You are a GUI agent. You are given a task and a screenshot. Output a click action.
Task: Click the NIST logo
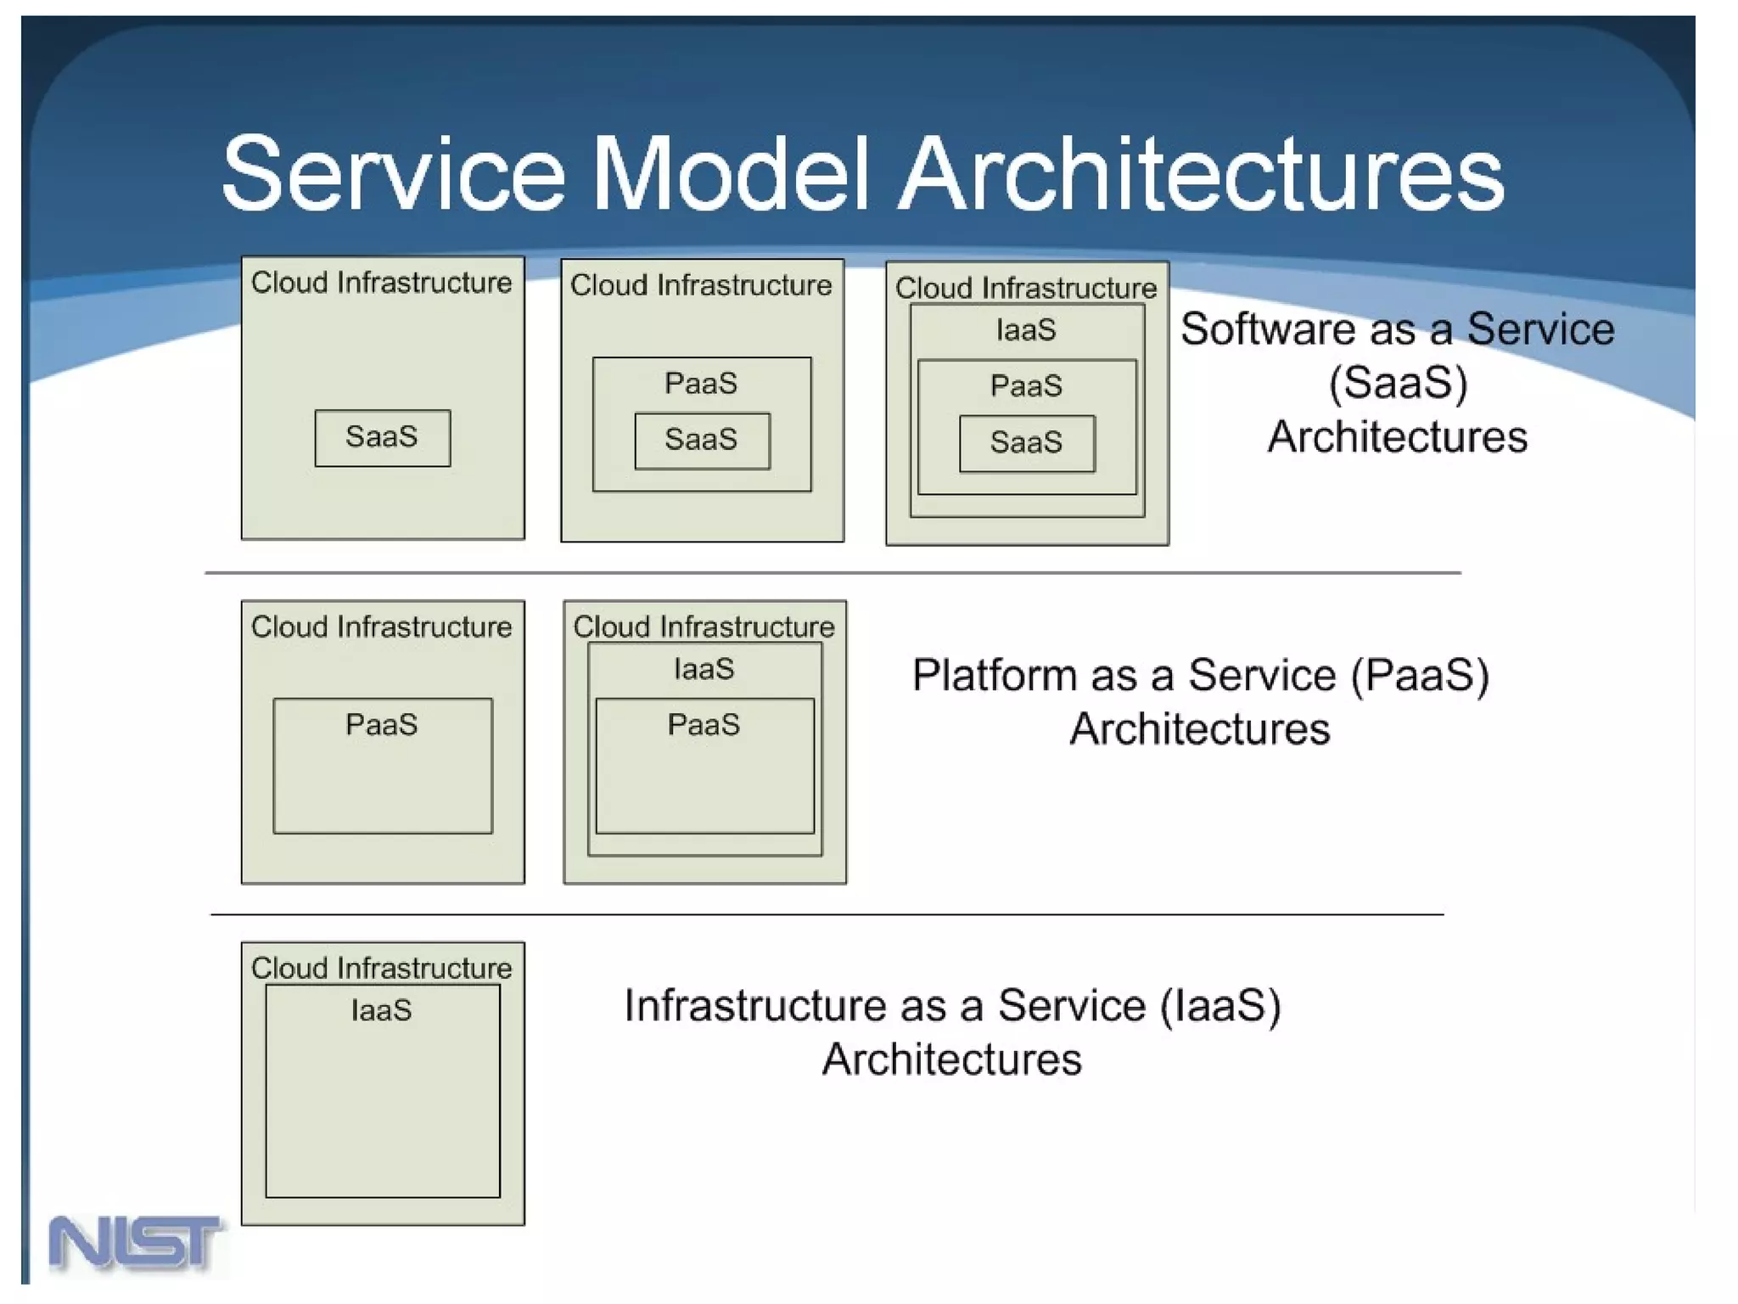(136, 1243)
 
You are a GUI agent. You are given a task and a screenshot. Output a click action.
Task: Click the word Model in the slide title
(731, 174)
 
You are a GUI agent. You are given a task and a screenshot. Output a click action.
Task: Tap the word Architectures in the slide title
(1201, 174)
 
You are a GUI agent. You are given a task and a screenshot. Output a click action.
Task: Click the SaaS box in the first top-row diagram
(382, 437)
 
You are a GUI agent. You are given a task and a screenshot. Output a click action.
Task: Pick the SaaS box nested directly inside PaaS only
(702, 440)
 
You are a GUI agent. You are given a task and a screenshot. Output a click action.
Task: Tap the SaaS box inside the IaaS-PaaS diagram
(1027, 442)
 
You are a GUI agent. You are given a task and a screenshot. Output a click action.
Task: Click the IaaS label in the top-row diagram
(1026, 329)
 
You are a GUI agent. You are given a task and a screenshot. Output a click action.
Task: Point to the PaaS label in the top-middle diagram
(701, 384)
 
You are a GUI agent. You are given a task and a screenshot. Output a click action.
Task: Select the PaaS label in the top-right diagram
(1026, 386)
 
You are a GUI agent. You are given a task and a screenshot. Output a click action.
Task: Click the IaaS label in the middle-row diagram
(704, 669)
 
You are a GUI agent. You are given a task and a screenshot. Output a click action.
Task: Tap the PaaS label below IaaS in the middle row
(704, 725)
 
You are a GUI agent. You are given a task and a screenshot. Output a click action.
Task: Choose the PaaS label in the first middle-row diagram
(382, 725)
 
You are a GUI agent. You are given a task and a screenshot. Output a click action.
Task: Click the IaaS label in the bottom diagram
(382, 1010)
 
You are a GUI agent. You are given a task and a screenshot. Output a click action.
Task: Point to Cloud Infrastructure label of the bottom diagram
(382, 968)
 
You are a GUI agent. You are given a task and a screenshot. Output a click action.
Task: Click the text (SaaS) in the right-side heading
(1398, 383)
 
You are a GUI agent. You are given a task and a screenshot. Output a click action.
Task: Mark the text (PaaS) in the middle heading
(1420, 676)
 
